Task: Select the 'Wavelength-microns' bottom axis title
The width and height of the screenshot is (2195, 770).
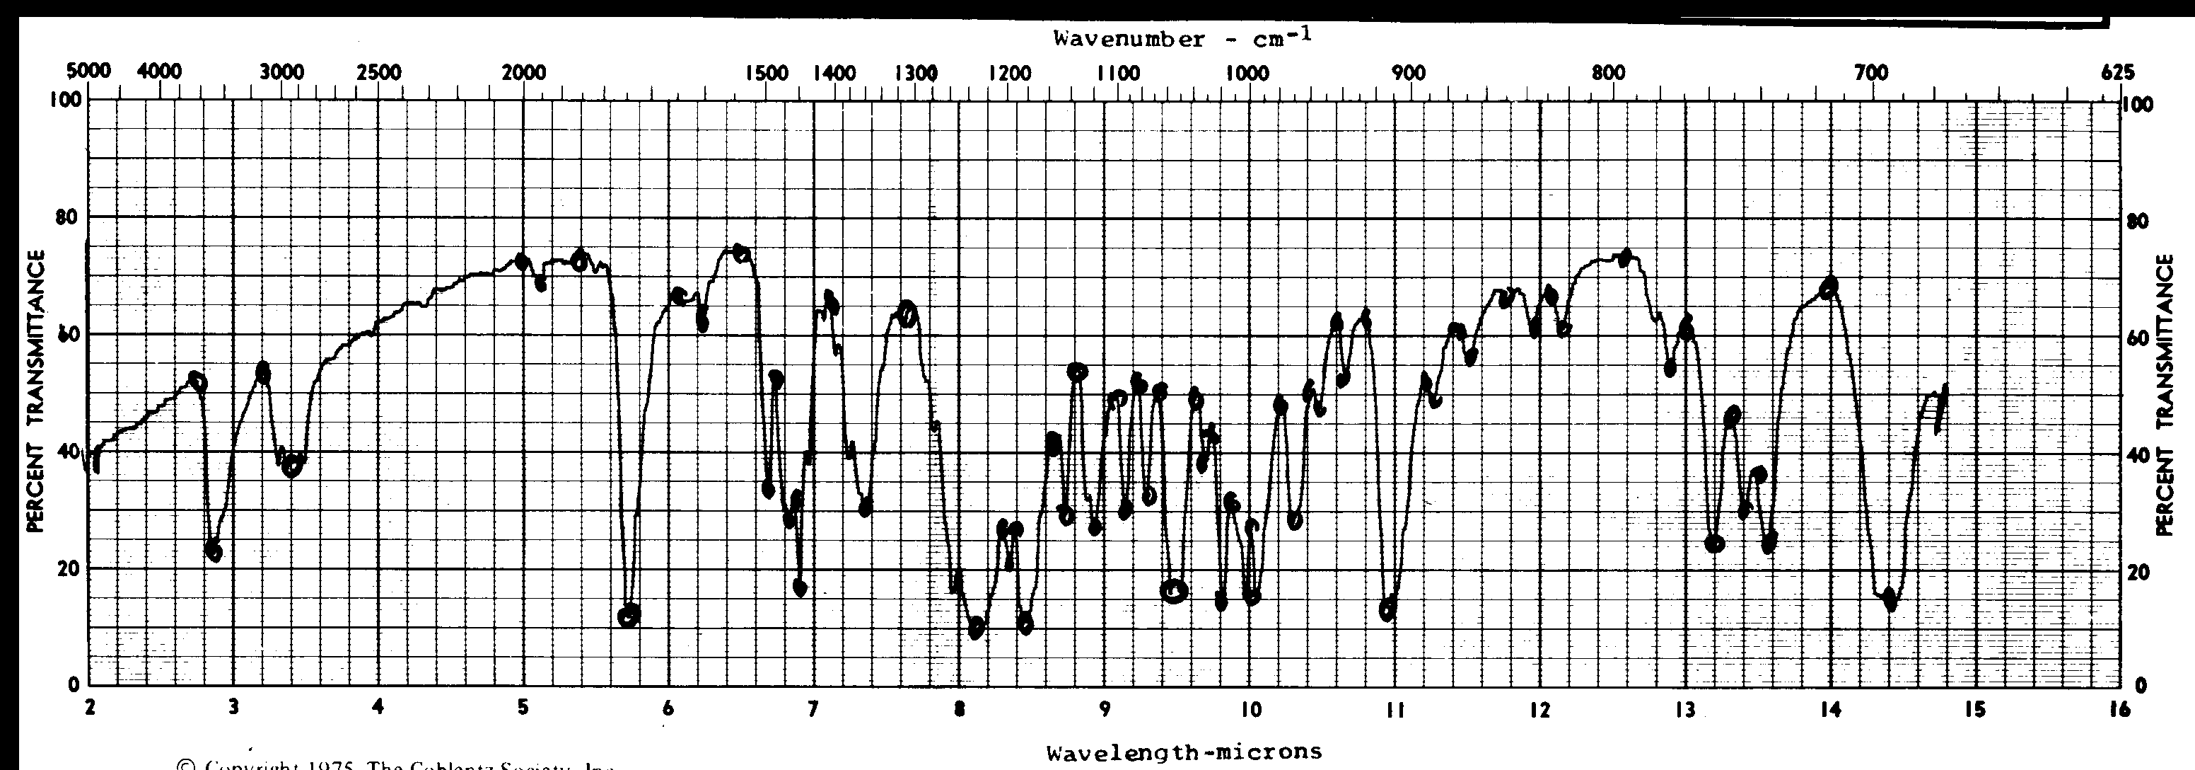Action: click(1184, 752)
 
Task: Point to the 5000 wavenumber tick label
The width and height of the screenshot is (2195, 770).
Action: click(88, 71)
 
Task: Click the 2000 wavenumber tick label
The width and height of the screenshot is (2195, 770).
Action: click(523, 72)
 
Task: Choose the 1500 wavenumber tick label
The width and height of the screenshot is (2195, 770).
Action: click(767, 72)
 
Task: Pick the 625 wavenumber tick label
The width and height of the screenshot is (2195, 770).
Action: click(2112, 72)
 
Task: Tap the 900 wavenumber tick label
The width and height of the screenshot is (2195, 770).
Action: click(1408, 72)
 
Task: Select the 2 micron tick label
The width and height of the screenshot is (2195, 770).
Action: click(90, 708)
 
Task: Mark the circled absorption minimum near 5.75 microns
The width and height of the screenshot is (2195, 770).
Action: click(629, 615)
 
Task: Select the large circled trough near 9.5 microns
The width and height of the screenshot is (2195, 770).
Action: click(1173, 590)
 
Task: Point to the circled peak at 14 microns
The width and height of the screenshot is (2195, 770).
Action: click(1829, 287)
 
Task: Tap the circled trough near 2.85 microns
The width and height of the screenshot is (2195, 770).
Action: click(213, 552)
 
